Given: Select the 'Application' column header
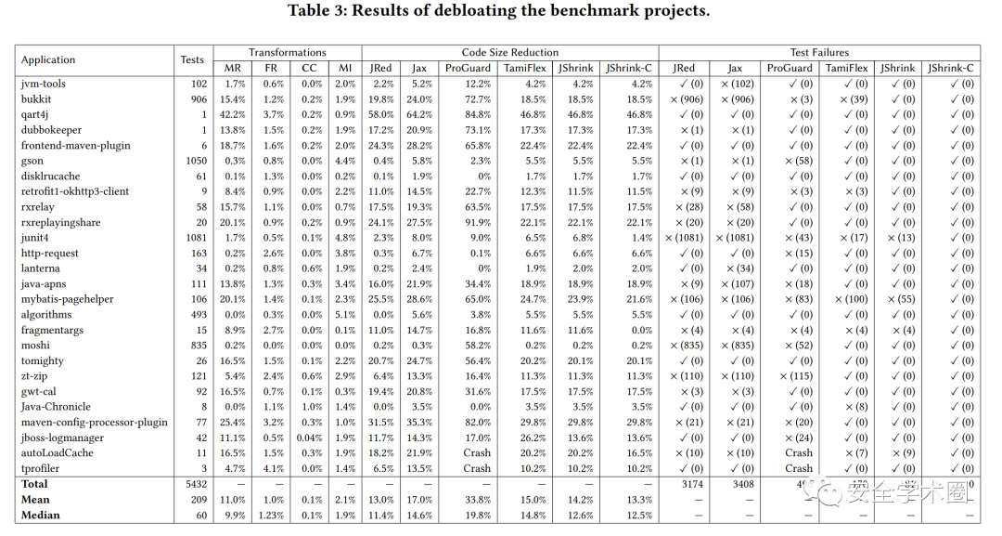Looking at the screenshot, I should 48,59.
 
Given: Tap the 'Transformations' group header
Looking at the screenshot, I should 287,52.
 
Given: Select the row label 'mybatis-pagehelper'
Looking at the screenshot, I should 69,299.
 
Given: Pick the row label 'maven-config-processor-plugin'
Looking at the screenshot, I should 94,422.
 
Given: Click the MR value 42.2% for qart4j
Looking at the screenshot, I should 233,114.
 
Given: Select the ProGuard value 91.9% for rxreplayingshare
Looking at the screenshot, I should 477,222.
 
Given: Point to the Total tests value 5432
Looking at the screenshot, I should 194,484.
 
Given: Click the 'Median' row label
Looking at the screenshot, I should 40,515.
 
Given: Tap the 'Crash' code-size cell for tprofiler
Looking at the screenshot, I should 477,468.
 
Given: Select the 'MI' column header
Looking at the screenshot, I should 345,68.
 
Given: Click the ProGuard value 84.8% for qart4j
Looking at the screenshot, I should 477,114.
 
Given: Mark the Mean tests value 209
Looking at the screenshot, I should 197,499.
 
